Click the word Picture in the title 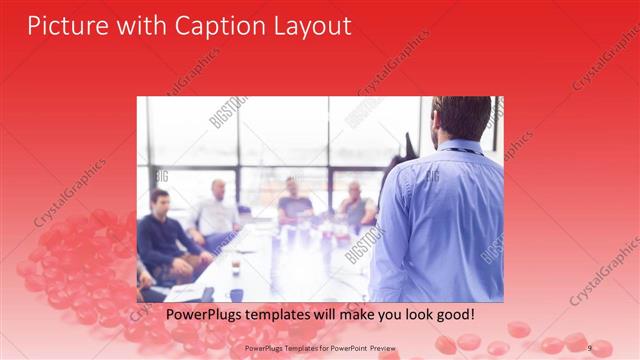pyautogui.click(x=66, y=25)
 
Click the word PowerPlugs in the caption pyautogui.click(x=204, y=315)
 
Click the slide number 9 pyautogui.click(x=589, y=347)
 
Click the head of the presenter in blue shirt pyautogui.click(x=463, y=118)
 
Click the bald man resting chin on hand pyautogui.click(x=355, y=204)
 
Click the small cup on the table pyautogui.click(x=236, y=267)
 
